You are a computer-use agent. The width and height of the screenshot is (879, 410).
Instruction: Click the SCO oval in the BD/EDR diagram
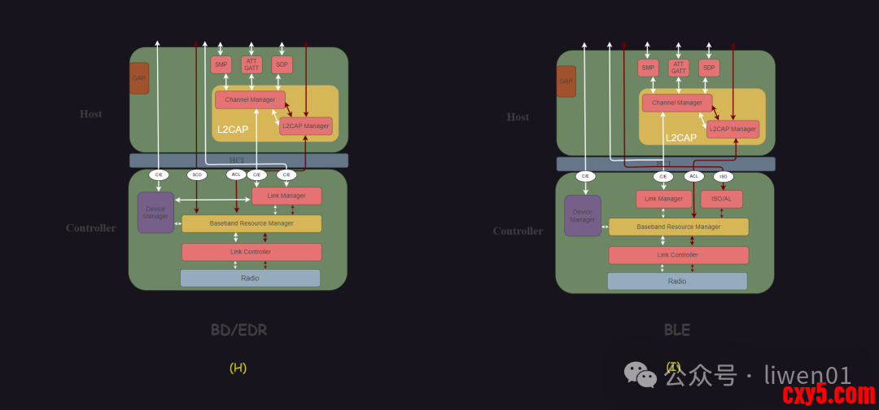click(197, 174)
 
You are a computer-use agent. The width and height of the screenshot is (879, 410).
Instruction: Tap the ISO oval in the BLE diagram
click(723, 176)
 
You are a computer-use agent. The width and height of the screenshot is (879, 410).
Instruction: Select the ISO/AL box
click(721, 199)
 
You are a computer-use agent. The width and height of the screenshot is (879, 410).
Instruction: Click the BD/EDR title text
click(238, 330)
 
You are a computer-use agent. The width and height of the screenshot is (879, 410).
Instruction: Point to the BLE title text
click(676, 330)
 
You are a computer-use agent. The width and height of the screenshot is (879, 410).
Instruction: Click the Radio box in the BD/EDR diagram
click(250, 278)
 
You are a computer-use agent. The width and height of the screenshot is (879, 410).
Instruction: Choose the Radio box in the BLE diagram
click(676, 281)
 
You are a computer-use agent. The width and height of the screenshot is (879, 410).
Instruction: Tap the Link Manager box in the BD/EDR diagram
click(286, 196)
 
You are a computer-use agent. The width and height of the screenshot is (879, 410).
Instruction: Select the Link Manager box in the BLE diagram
click(663, 199)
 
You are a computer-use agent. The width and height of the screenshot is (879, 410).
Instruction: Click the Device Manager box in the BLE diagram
click(583, 216)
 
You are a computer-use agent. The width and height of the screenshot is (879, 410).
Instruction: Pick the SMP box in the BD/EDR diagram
click(221, 65)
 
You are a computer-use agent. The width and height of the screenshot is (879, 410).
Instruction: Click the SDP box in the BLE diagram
click(709, 68)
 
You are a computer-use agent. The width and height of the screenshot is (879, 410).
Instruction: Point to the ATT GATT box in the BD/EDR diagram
click(251, 65)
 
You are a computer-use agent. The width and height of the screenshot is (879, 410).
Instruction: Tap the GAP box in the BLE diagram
click(566, 82)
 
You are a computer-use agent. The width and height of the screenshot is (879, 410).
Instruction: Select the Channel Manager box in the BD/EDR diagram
click(250, 99)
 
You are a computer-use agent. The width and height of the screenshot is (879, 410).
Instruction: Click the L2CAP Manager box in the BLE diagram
click(732, 129)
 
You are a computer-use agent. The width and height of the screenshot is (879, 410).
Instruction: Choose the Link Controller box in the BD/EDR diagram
click(251, 252)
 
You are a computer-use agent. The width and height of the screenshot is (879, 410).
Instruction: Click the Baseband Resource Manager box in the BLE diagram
click(678, 227)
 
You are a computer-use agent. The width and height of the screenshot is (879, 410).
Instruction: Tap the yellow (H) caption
click(238, 368)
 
